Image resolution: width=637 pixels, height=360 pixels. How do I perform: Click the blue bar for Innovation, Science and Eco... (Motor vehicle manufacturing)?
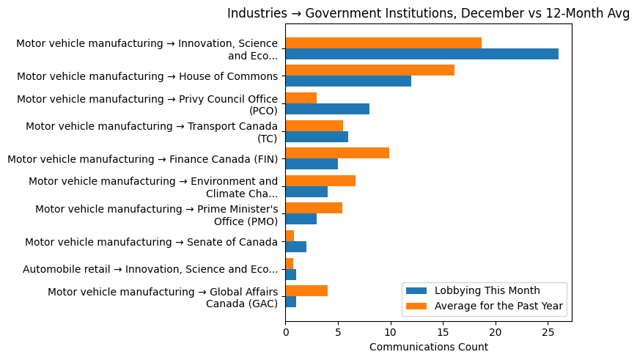421,54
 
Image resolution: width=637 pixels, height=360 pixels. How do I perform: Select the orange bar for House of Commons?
369,70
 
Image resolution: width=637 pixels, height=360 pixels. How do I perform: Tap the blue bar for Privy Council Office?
327,109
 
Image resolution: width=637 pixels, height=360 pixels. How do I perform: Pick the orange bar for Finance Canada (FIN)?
337,153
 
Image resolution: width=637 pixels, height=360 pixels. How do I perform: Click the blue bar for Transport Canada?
317,137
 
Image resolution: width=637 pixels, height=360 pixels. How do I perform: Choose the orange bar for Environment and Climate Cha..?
320,181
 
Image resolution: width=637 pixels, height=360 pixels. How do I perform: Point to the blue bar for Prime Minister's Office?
301,219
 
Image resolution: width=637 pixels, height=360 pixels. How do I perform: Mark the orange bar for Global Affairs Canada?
306,291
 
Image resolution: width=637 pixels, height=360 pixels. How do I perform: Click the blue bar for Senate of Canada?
295,247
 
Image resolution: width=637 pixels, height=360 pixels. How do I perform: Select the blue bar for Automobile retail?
290,274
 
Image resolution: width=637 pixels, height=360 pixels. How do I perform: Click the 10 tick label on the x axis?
391,332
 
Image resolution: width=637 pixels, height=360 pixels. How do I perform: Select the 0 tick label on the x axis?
285,332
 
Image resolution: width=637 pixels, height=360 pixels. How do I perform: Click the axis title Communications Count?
428,347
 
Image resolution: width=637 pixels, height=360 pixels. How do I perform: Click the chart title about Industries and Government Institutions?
428,14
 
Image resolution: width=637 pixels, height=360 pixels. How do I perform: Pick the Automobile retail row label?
150,269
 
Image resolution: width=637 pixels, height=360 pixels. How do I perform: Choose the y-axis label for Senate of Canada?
151,242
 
